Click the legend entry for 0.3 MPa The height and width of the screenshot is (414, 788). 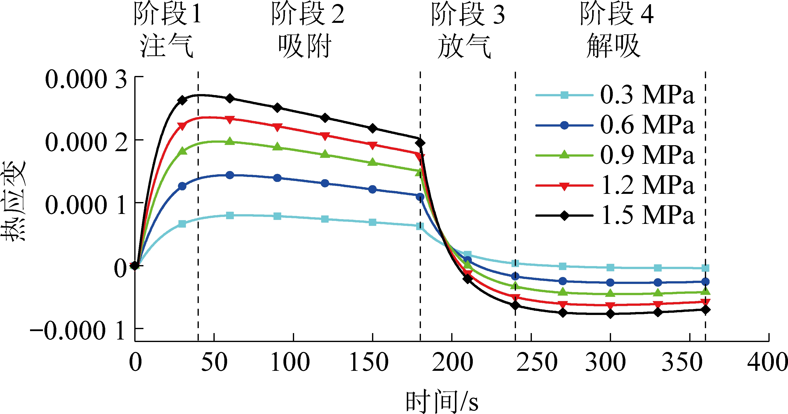(x=647, y=95)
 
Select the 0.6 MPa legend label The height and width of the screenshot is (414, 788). (x=647, y=125)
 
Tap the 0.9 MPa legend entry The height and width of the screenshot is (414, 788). (x=647, y=155)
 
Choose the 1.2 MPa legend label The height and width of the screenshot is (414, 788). (x=647, y=185)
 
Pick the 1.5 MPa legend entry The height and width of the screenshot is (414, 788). (x=647, y=215)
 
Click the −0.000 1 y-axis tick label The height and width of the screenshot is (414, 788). (x=78, y=331)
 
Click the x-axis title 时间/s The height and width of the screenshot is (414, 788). (x=442, y=401)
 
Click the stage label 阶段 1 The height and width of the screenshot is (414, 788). (x=168, y=14)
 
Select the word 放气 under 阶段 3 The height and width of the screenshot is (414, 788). (x=464, y=46)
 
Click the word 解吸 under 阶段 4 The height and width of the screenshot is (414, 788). (x=613, y=46)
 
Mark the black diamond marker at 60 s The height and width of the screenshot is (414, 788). (x=230, y=99)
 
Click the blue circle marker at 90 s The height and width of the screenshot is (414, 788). (x=277, y=178)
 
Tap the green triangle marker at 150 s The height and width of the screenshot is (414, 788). (x=372, y=162)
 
